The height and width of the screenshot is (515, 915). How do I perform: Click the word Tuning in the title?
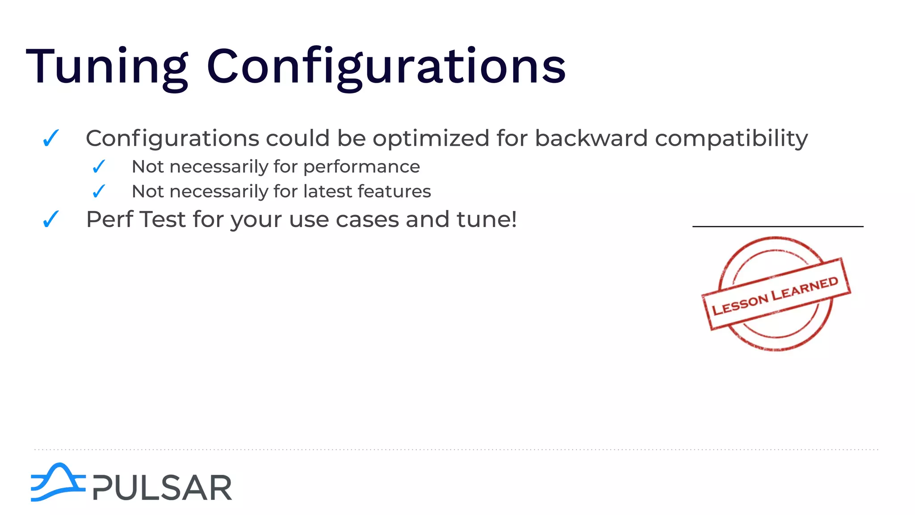pyautogui.click(x=107, y=67)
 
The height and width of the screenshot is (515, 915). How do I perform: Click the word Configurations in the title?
pyautogui.click(x=386, y=67)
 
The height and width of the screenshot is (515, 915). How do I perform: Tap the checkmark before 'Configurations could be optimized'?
pyautogui.click(x=51, y=138)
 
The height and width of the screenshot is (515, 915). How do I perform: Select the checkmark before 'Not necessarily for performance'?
pyautogui.click(x=99, y=167)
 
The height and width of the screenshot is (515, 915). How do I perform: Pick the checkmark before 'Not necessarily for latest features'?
pyautogui.click(x=99, y=191)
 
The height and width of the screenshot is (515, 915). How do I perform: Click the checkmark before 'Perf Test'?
pyautogui.click(x=51, y=219)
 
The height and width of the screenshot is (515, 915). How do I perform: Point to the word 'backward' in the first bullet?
pyautogui.click(x=591, y=138)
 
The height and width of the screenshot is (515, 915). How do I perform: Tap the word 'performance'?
pyautogui.click(x=361, y=167)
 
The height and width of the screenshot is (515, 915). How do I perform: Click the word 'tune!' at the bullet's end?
pyautogui.click(x=486, y=219)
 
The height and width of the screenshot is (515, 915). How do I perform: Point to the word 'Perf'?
pyautogui.click(x=109, y=219)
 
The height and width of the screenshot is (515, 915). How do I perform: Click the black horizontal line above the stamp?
pyautogui.click(x=777, y=227)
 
